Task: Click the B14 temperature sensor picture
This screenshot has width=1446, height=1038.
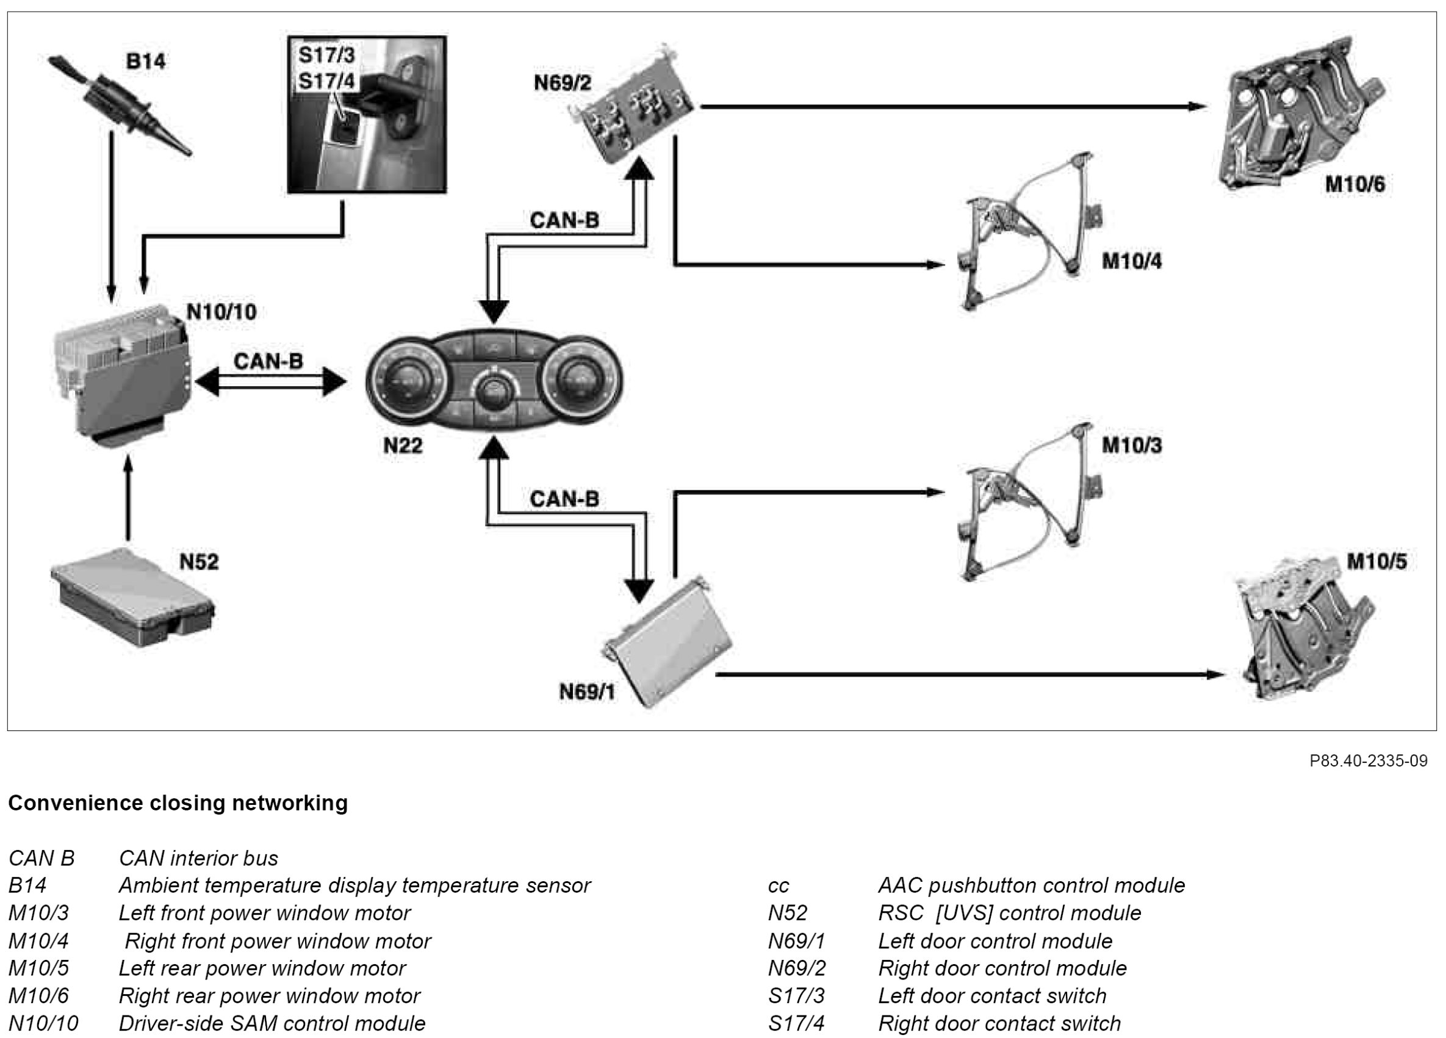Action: (x=121, y=109)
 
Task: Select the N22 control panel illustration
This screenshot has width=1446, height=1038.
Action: (x=494, y=382)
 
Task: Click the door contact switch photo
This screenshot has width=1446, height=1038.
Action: (x=367, y=115)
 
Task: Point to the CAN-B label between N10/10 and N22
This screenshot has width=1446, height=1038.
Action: (x=268, y=361)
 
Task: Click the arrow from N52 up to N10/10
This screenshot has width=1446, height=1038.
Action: (x=128, y=497)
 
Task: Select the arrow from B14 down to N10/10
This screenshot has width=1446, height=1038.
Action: (x=112, y=217)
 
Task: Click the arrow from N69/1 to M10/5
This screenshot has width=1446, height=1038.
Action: (x=969, y=674)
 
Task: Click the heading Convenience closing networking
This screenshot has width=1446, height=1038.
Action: (x=178, y=802)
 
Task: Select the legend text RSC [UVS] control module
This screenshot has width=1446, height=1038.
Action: (x=1009, y=913)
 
